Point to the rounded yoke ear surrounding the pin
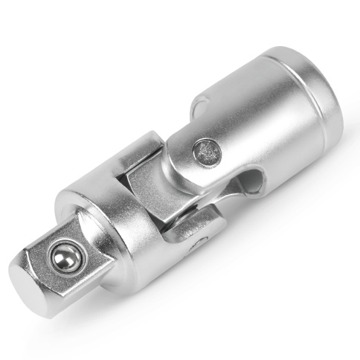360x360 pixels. pos(190,160)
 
